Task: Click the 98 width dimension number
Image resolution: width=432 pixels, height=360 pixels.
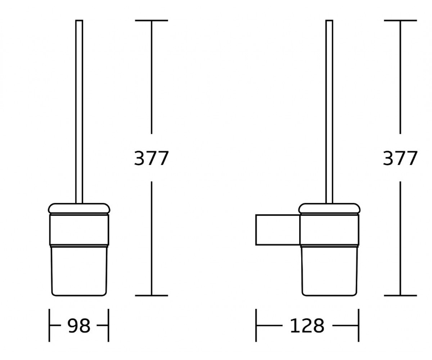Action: [79, 326]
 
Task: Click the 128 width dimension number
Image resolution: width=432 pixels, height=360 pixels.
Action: [307, 326]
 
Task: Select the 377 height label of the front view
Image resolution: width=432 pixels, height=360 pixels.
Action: [152, 158]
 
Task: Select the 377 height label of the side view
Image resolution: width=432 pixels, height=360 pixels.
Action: [400, 158]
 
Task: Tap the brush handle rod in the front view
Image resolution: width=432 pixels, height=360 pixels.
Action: [79, 112]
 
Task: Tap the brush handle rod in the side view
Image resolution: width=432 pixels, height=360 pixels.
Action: [329, 112]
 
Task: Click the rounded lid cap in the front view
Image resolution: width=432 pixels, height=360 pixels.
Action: [79, 208]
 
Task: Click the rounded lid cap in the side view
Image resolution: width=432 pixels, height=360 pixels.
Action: [329, 208]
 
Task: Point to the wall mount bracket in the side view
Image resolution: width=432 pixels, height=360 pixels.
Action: [278, 230]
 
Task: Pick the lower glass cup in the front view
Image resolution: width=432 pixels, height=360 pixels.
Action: [79, 271]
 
